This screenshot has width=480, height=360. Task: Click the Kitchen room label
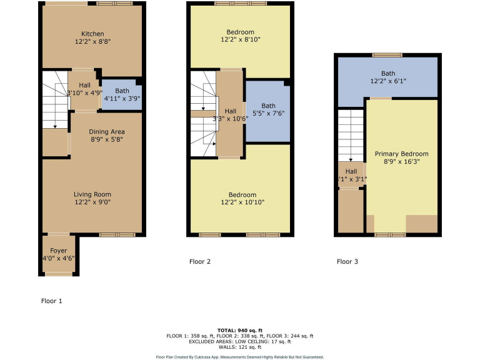point(92,34)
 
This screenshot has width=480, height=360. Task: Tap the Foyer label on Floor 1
point(58,251)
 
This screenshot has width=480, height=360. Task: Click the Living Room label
point(92,194)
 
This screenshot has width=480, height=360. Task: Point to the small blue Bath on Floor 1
point(122,94)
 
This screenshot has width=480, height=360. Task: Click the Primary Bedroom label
point(401,154)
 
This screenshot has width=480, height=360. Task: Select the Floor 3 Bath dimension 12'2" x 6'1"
point(388,80)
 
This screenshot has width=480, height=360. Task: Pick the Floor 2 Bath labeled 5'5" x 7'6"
point(268,110)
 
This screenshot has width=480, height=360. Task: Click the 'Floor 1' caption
point(52,301)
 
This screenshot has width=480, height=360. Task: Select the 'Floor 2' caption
point(200,262)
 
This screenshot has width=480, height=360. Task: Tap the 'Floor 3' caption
point(347,262)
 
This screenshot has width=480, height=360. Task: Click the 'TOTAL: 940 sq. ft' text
point(240,329)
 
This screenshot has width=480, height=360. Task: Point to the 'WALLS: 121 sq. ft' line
point(240,347)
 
